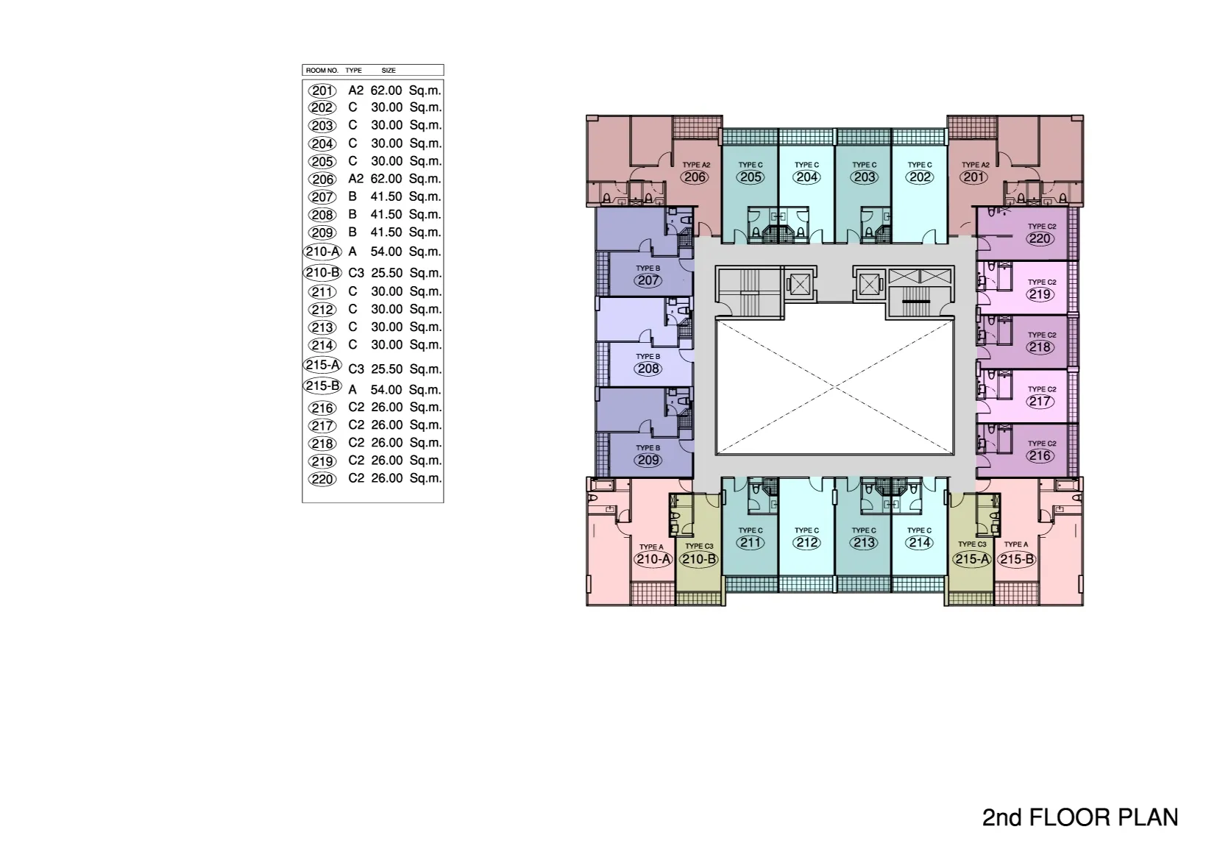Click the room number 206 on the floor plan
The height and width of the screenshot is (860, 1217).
[x=695, y=177]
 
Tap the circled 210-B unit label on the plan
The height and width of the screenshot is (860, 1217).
[x=699, y=559]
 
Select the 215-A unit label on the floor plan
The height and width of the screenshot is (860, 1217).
[x=972, y=559]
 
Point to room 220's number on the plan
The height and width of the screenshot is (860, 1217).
[x=1040, y=238]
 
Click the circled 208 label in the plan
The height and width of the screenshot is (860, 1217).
[x=648, y=369]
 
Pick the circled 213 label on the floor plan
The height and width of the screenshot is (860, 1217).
[x=864, y=543]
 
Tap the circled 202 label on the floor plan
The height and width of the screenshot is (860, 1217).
[x=920, y=177]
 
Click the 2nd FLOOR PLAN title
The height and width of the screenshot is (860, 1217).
[x=1080, y=817]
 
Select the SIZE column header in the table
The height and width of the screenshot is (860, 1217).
[x=388, y=71]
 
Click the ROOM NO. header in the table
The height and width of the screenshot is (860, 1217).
[x=322, y=71]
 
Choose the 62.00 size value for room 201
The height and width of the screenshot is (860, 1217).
[x=386, y=90]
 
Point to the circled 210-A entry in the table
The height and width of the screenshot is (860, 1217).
[x=322, y=252]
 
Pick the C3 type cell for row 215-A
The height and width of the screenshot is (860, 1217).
[x=356, y=369]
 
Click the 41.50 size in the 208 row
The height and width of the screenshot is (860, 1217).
[x=386, y=215]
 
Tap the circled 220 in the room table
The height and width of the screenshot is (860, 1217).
[x=322, y=479]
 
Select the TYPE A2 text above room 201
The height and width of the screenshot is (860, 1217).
[x=976, y=165]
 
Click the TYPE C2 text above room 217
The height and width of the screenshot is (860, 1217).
[x=1042, y=389]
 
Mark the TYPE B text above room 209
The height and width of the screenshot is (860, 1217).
[x=648, y=448]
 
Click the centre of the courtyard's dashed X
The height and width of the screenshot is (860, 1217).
[x=834, y=387]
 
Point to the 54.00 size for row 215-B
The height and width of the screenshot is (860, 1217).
[x=386, y=390]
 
